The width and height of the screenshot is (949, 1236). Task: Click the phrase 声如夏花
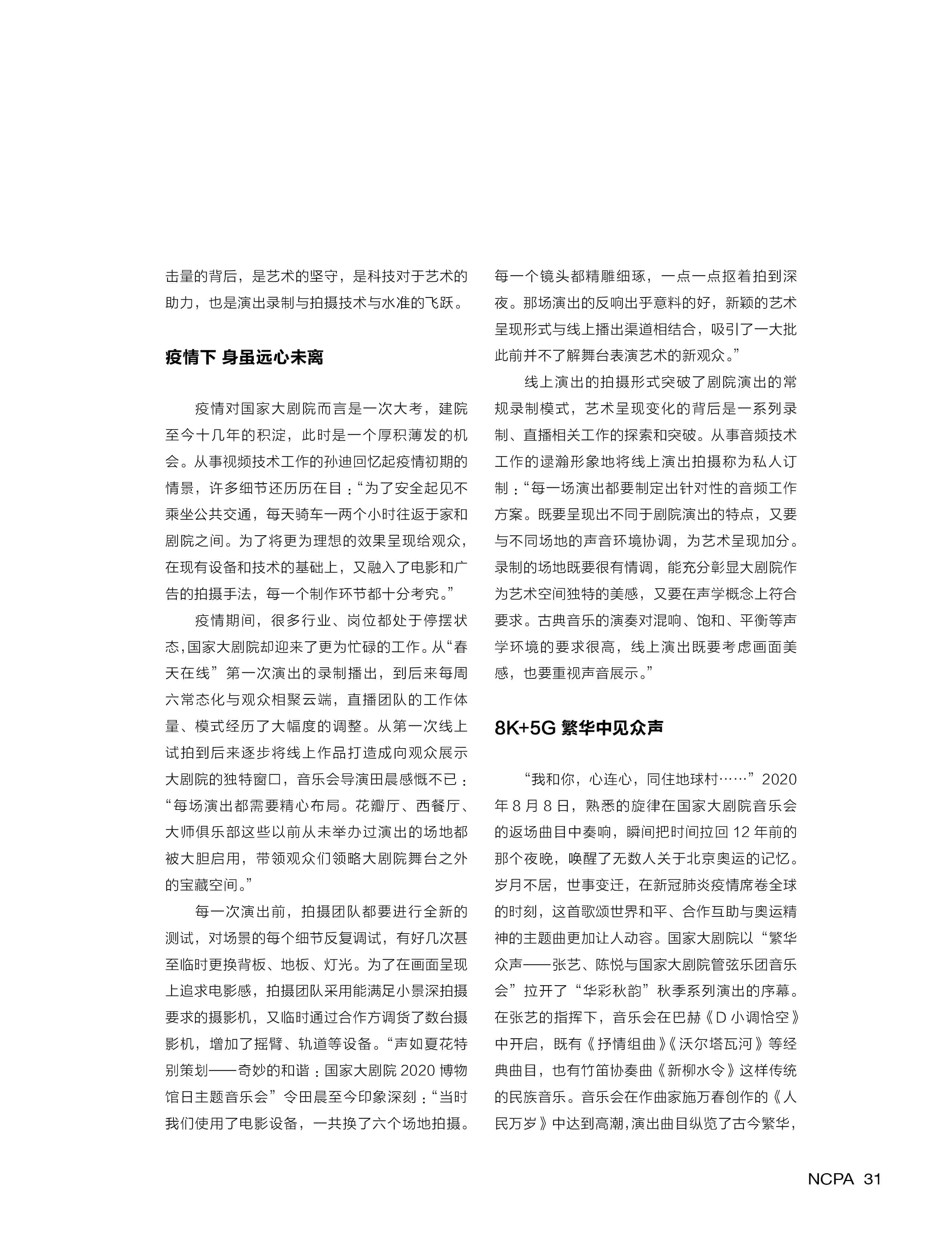[x=423, y=1044]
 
